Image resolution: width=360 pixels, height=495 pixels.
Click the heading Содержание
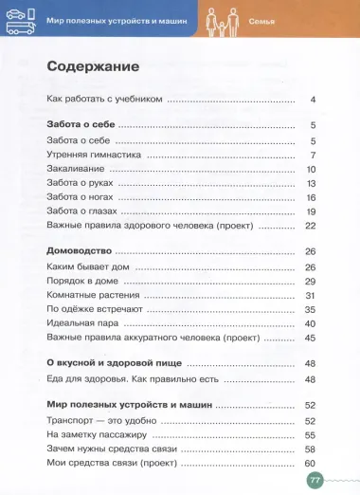93,67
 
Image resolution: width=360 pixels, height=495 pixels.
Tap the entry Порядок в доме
81,281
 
